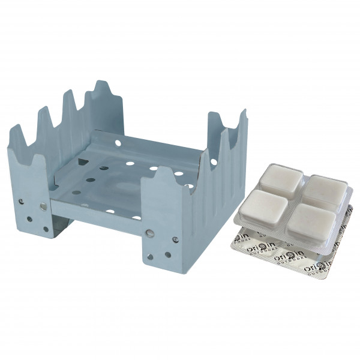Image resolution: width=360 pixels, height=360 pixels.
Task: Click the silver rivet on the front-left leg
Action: click(43, 207)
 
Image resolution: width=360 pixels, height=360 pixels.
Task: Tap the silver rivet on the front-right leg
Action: click(149, 233)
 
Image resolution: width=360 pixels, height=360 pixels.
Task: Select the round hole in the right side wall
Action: click(214, 161)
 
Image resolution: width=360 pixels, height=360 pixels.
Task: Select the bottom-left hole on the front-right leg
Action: click(149, 257)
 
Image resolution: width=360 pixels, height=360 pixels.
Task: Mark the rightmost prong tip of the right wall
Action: click(243, 114)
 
